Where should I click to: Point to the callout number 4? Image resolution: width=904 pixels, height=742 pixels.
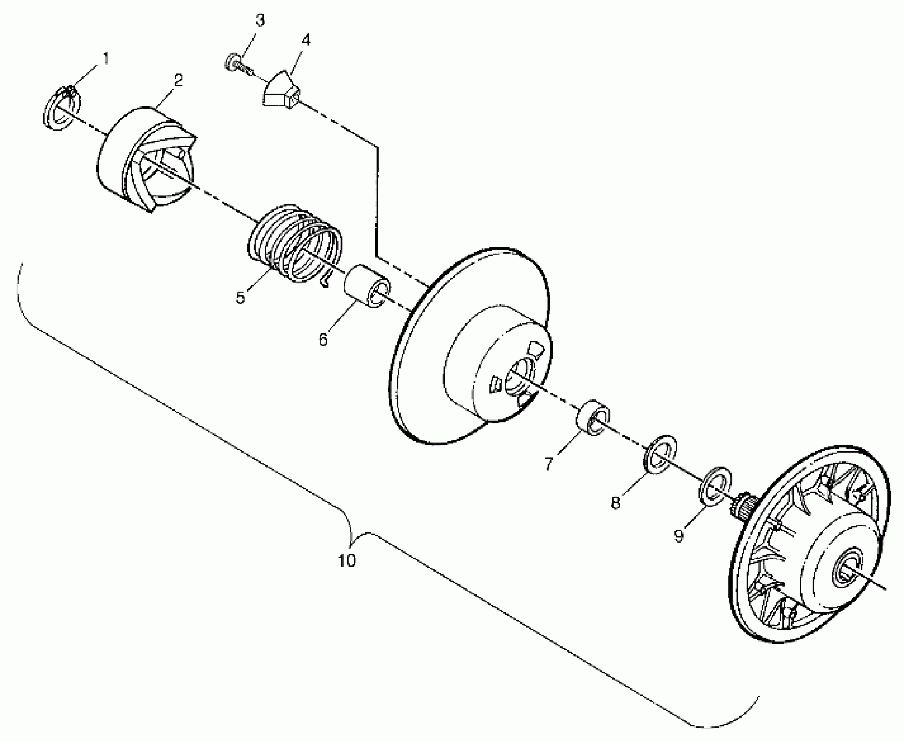point(306,40)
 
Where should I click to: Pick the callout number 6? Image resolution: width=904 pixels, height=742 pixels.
point(323,340)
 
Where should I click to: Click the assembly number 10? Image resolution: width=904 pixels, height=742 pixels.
point(347,560)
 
